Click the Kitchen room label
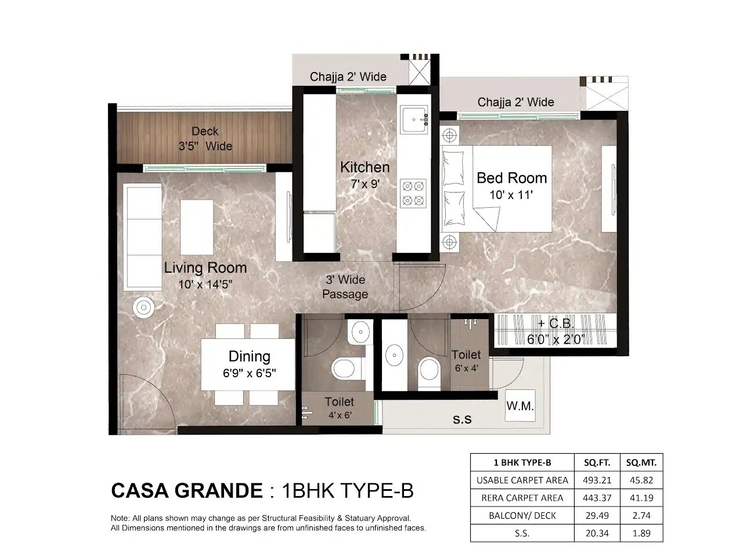point(365,168)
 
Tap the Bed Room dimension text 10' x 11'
point(511,196)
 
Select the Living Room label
point(205,268)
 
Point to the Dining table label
point(249,356)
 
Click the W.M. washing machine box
point(520,406)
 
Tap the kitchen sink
point(413,120)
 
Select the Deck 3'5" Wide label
point(205,139)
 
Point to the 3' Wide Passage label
point(345,287)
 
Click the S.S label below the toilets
point(462,419)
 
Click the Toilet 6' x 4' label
point(466,360)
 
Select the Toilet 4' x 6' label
point(339,407)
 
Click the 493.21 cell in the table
point(597,480)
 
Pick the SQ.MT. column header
point(641,462)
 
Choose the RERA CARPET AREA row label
point(522,498)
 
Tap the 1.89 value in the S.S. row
point(641,533)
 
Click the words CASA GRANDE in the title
point(186,491)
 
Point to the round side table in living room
point(142,307)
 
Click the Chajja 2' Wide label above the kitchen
point(348,77)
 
